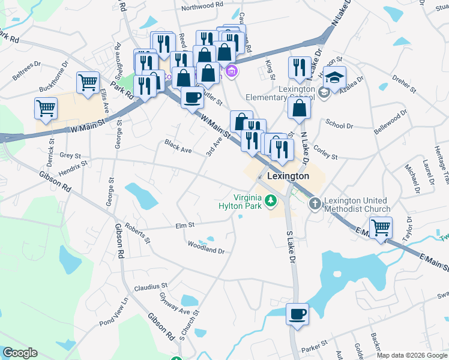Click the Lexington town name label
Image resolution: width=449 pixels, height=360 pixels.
tap(288, 176)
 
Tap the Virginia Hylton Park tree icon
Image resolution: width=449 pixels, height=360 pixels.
tap(271, 200)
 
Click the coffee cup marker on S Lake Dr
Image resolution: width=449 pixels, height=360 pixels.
tap(297, 313)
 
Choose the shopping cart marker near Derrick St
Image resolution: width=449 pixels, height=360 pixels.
tap(46, 109)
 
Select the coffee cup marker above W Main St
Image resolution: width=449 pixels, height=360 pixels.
tap(192, 96)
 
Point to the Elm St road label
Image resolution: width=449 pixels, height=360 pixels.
tap(184, 226)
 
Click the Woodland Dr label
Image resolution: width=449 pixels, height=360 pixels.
tap(206, 247)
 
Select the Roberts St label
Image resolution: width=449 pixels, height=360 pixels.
tap(136, 233)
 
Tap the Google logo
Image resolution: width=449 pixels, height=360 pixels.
tap(20, 353)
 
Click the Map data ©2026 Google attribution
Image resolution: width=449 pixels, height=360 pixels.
tap(412, 355)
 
